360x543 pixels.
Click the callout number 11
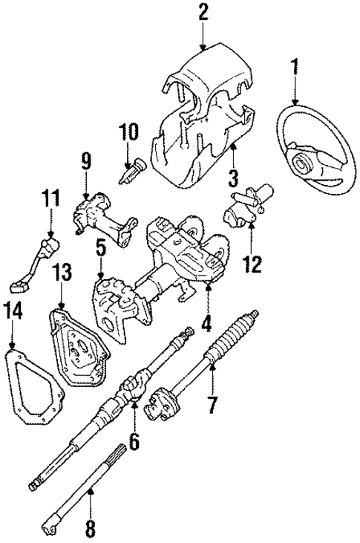click(x=50, y=199)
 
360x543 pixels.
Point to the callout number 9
click(x=86, y=160)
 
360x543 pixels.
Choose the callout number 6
click(x=134, y=441)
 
